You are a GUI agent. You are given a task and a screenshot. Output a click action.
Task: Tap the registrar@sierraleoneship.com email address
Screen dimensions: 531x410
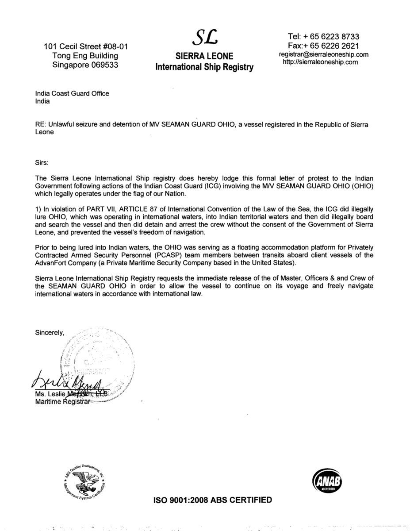pyautogui.click(x=323, y=54)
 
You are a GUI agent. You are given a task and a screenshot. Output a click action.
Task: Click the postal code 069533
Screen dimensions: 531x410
pyautogui.click(x=102, y=64)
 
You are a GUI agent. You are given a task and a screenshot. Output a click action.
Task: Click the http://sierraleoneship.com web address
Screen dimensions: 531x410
pyautogui.click(x=320, y=62)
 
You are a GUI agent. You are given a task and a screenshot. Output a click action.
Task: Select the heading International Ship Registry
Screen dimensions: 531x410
pyautogui.click(x=204, y=67)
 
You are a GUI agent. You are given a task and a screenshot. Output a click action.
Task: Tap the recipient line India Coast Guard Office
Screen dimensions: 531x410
pyautogui.click(x=72, y=93)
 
